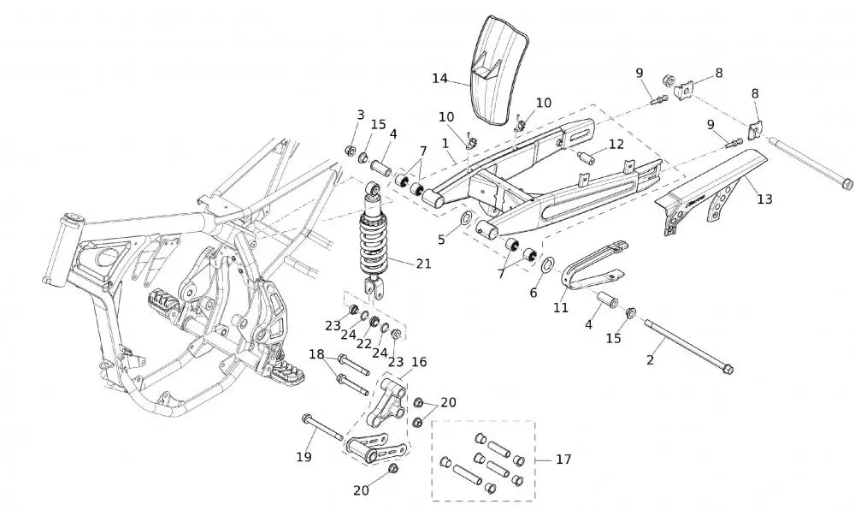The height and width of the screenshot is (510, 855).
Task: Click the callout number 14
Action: coord(439,78)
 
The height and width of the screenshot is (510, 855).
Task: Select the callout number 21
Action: coord(423,264)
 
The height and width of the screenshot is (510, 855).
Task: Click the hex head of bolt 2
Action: coord(728,371)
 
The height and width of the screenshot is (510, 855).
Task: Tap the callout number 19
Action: coord(304,457)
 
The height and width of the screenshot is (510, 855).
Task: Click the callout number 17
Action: coord(563,460)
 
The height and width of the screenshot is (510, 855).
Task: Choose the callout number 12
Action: coord(616,144)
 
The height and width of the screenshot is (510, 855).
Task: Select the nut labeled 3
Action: coord(349,151)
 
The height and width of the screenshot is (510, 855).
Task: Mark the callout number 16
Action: coord(419,362)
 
